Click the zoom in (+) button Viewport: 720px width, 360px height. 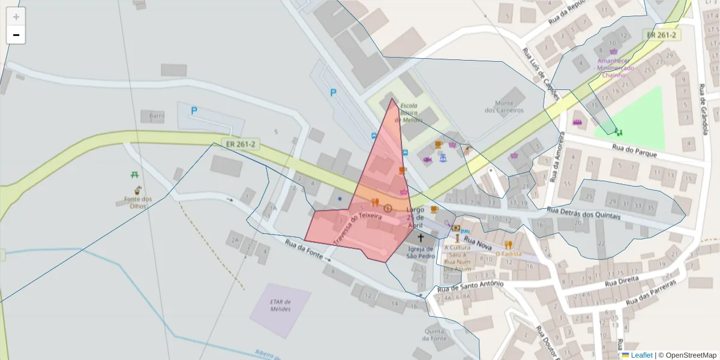[x=16, y=17]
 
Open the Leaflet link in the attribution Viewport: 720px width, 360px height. [x=641, y=355]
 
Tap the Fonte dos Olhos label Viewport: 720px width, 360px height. [x=138, y=202]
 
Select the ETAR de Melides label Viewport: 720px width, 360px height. [x=281, y=305]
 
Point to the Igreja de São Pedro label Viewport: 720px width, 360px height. [x=421, y=253]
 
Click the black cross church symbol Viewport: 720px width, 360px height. [x=421, y=238]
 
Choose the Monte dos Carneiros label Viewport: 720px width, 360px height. [x=504, y=107]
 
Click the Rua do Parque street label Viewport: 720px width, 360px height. [x=634, y=151]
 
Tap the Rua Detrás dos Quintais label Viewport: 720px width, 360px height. [x=584, y=214]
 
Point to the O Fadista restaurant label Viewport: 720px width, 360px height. [x=508, y=254]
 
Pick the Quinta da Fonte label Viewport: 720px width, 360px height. [x=434, y=334]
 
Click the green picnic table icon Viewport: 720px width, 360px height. [x=135, y=175]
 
